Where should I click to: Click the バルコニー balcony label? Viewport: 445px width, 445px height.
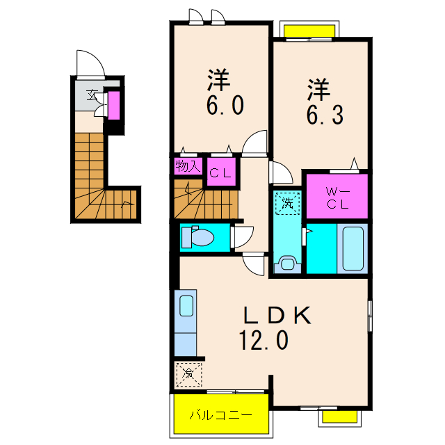pyautogui.click(x=220, y=415)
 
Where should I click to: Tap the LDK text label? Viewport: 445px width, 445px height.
pyautogui.click(x=277, y=315)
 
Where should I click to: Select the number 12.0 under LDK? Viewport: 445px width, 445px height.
pyautogui.click(x=264, y=340)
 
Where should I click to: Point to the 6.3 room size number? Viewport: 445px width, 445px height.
pyautogui.click(x=325, y=114)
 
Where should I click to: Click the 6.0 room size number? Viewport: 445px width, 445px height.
pyautogui.click(x=225, y=105)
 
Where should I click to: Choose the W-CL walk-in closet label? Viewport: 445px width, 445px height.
pyautogui.click(x=337, y=198)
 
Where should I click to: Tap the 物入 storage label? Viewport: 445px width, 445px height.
pyautogui.click(x=188, y=165)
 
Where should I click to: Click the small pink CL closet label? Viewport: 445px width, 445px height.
pyautogui.click(x=220, y=173)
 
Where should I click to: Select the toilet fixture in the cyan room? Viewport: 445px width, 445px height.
pyautogui.click(x=197, y=236)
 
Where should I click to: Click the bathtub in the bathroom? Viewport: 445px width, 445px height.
pyautogui.click(x=353, y=249)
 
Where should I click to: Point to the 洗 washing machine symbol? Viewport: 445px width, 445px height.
pyautogui.click(x=287, y=203)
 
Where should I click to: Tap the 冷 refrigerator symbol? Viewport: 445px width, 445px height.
pyautogui.click(x=188, y=374)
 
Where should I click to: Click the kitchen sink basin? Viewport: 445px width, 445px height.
pyautogui.click(x=186, y=306)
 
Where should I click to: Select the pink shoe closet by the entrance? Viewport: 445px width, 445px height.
pyautogui.click(x=114, y=105)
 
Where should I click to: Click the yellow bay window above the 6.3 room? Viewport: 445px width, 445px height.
pyautogui.click(x=309, y=31)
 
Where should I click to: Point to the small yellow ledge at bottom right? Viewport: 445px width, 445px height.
pyautogui.click(x=340, y=416)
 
